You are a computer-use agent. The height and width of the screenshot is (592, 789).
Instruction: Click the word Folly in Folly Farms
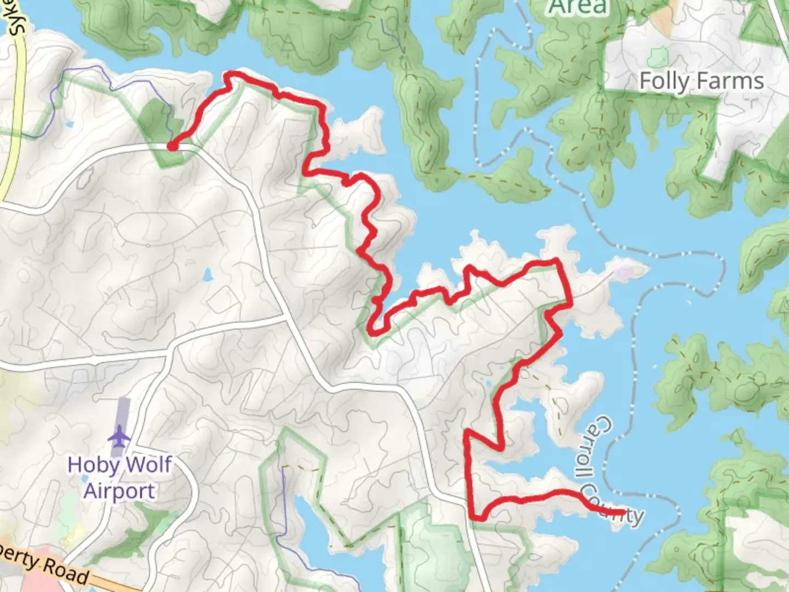pyautogui.click(x=664, y=81)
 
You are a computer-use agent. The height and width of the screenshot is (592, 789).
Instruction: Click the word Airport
pyautogui.click(x=119, y=491)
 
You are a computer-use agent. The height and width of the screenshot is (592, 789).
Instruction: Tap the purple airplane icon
pyautogui.click(x=119, y=438)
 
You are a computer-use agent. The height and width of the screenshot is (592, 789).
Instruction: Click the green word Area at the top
pyautogui.click(x=578, y=8)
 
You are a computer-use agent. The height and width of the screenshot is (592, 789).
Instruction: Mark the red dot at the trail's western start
pyautogui.click(x=172, y=146)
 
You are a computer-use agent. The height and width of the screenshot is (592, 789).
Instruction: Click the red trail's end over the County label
pyautogui.click(x=624, y=513)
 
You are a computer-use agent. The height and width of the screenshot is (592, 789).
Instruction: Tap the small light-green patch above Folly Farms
pyautogui.click(x=656, y=56)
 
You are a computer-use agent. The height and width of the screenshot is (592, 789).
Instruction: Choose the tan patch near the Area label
pyautogui.click(x=666, y=12)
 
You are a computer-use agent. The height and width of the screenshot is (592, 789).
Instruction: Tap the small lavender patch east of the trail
pyautogui.click(x=622, y=271)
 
